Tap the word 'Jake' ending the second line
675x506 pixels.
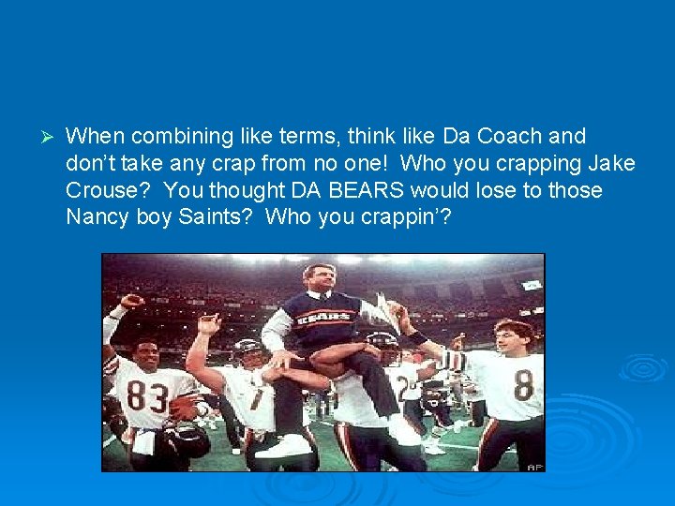[612, 164]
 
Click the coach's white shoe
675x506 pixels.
[282, 446]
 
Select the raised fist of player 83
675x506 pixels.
[131, 302]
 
